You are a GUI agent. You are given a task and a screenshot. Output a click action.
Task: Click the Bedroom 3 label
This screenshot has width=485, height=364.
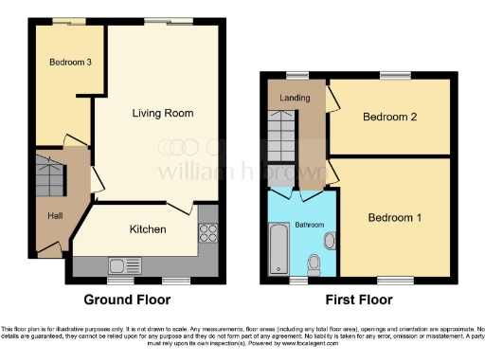coord(71,62)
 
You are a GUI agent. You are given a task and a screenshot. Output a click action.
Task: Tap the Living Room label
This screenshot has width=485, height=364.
coord(162,114)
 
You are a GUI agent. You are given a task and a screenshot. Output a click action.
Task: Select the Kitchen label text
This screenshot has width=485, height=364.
coord(148,229)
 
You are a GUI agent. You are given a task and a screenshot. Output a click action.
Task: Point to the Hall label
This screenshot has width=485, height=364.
coord(57,216)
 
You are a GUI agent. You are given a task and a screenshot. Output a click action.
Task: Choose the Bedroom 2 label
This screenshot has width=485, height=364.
coord(390,118)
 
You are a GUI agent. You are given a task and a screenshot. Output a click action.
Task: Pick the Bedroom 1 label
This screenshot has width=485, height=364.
coord(395,217)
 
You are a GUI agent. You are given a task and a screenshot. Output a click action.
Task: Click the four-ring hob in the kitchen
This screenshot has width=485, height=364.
coord(208,233)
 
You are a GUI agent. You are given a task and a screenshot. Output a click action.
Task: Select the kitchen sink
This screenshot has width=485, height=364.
coord(124,265)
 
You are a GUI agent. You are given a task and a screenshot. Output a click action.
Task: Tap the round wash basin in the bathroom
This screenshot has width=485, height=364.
coord(328,240)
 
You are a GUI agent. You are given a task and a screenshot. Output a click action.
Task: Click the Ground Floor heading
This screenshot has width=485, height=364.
coord(128,300)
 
